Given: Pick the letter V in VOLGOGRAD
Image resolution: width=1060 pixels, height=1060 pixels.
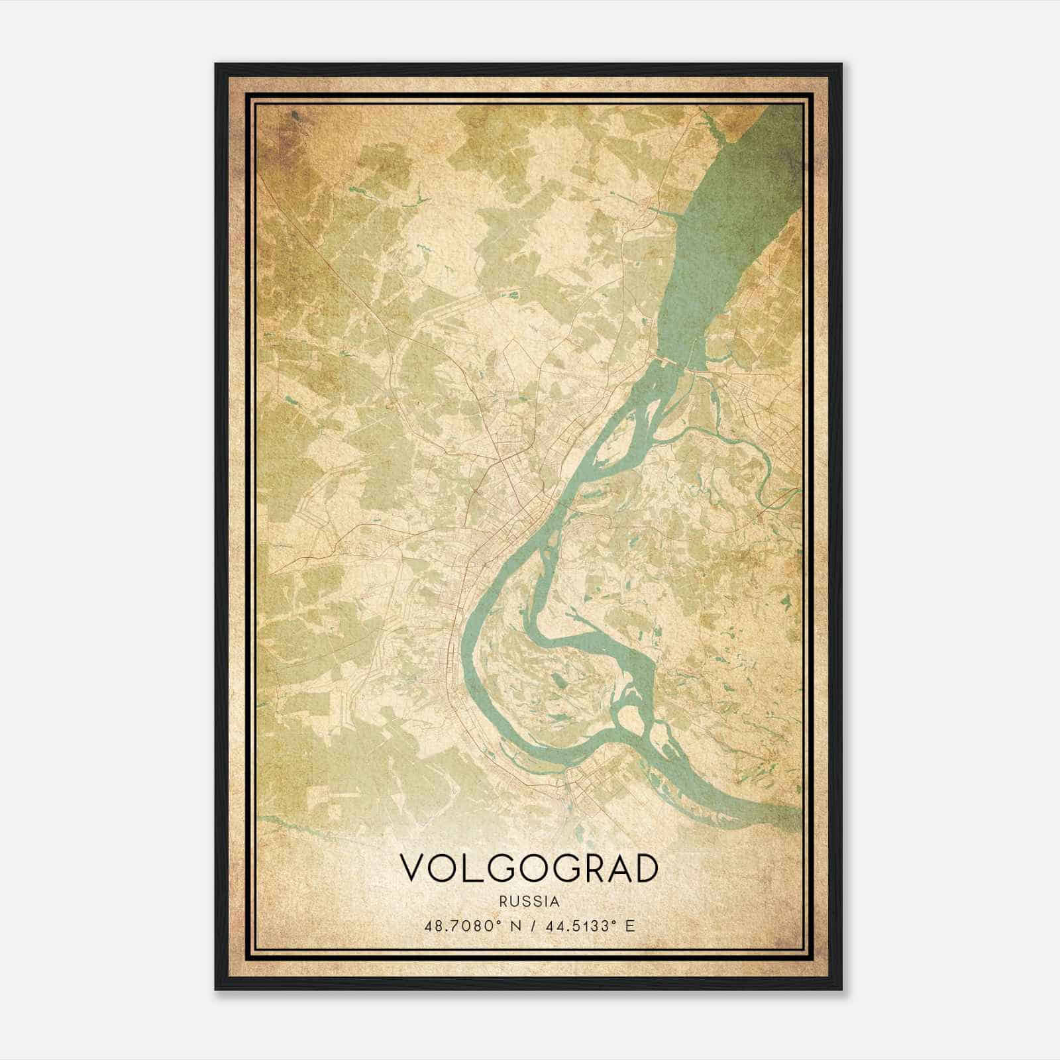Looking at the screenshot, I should [412, 869].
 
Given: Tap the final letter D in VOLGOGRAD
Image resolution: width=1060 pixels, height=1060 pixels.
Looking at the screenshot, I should [645, 869].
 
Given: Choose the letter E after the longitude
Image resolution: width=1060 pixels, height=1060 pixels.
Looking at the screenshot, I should [630, 926].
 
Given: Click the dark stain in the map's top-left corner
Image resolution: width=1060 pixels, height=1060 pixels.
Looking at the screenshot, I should [295, 119].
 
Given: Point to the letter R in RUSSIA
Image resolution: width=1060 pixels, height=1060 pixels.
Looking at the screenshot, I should [505, 902].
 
